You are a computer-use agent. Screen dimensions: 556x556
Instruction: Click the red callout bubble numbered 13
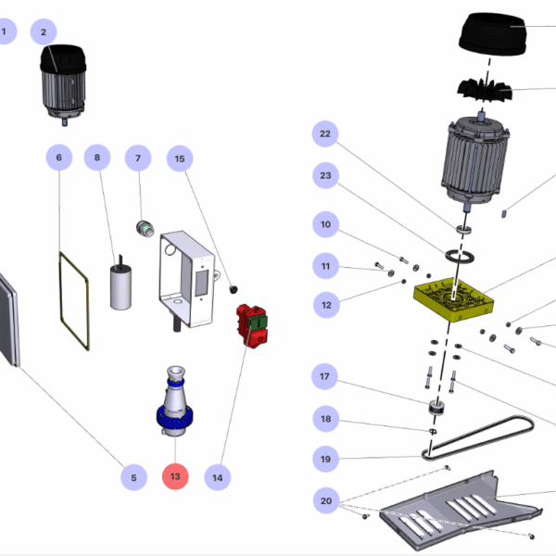[175, 477]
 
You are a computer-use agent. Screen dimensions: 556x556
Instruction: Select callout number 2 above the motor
[43, 32]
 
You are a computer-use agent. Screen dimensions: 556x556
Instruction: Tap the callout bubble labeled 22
[324, 135]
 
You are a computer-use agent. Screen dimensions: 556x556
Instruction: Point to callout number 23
[324, 175]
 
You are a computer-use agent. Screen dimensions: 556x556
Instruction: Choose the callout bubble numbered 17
[324, 377]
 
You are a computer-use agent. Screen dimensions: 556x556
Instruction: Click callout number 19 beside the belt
[324, 458]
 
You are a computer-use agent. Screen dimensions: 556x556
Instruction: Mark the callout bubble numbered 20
[324, 501]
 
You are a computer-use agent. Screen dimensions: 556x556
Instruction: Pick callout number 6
[59, 158]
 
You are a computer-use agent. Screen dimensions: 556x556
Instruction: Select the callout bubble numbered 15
[180, 159]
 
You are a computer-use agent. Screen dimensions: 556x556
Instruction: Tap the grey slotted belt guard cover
[454, 510]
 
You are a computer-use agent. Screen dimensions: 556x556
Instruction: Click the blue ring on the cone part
[174, 420]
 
